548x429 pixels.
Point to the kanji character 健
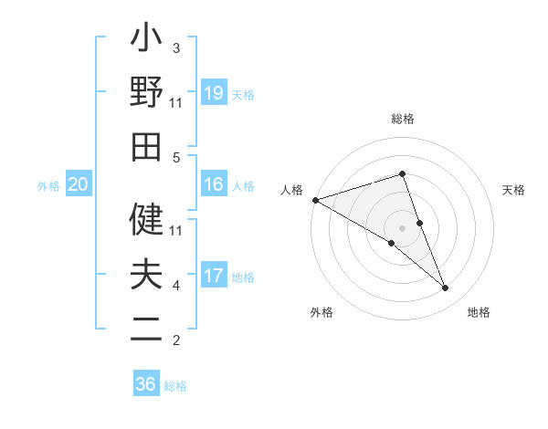146,219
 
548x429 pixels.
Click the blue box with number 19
214,93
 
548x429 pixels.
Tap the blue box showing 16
214,185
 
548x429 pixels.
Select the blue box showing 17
214,276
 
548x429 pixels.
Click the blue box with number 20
78,185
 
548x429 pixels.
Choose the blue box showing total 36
146,384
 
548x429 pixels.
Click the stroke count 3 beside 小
176,48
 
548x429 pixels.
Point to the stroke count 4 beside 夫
176,286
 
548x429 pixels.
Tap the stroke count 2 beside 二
176,340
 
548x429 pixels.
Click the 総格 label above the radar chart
403,119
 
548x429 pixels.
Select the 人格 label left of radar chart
292,190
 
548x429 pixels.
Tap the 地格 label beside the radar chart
479,313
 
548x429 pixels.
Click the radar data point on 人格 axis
315,200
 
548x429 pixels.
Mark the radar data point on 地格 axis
446,288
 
